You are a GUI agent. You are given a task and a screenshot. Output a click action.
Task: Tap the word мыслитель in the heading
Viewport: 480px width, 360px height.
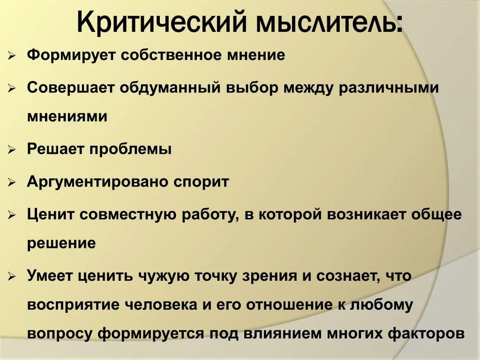tap(328, 22)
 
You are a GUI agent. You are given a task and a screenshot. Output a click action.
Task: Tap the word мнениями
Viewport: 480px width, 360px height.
tap(67, 116)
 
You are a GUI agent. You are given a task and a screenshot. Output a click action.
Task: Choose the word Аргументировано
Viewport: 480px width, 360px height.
tap(97, 182)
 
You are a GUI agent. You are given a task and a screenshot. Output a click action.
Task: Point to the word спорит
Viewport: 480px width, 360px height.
tap(201, 182)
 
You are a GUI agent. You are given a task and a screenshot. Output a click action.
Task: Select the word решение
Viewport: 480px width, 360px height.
tap(61, 243)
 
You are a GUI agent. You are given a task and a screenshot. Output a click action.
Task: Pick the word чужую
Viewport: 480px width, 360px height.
tap(163, 276)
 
